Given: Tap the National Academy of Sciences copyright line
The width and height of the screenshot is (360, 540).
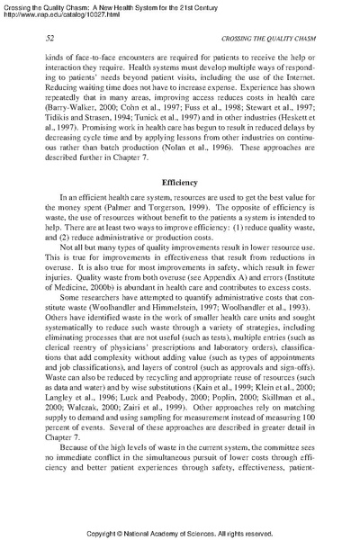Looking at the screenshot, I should pos(180,532).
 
